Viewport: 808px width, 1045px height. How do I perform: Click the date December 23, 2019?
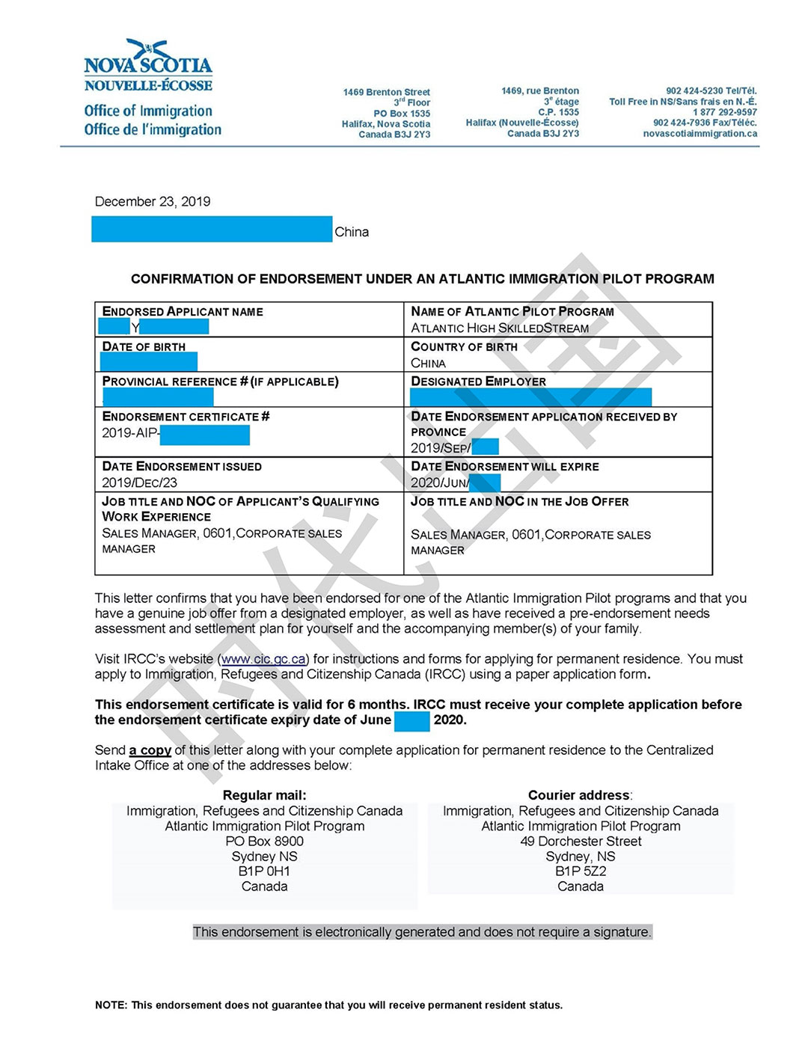[x=153, y=201]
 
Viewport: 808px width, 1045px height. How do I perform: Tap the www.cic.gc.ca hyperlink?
[x=263, y=659]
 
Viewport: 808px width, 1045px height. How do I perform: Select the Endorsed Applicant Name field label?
[x=183, y=311]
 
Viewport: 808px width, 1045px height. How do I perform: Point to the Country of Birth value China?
[x=428, y=364]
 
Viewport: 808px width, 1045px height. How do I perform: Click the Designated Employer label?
[x=478, y=381]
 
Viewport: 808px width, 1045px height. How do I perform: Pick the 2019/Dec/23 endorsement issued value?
[x=140, y=482]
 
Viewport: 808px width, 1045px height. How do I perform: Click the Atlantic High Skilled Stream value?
[x=500, y=328]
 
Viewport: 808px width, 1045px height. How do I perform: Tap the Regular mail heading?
[x=264, y=795]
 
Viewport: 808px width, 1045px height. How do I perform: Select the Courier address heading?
[x=579, y=795]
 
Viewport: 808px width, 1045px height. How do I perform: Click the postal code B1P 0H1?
[x=264, y=871]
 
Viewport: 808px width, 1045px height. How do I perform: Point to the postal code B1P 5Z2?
[x=581, y=871]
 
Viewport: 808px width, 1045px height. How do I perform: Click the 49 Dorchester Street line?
[x=581, y=841]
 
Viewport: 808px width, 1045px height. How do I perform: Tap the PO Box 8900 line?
[x=264, y=841]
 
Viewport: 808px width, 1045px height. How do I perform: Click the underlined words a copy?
[x=150, y=750]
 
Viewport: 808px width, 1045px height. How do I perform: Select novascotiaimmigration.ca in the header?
[x=700, y=134]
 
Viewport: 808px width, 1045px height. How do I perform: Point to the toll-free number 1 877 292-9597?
[x=724, y=112]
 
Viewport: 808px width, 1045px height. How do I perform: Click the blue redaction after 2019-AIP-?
[x=204, y=435]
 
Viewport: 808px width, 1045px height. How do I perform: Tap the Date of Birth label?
[x=144, y=346]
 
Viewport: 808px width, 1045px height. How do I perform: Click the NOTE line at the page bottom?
[x=328, y=1005]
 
